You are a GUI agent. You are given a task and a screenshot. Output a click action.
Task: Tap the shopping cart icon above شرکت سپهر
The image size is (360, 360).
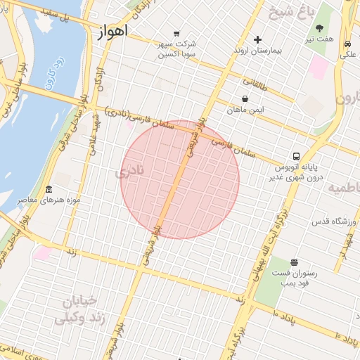click(176, 32)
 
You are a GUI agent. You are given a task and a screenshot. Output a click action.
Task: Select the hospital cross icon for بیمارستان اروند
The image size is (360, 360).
click(257, 39)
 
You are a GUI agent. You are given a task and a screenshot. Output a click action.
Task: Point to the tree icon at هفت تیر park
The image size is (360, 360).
click(320, 29)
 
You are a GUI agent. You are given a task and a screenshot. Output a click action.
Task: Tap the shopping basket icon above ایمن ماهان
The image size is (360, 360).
click(245, 99)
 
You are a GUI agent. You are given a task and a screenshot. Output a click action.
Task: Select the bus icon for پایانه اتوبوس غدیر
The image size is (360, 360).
click(296, 156)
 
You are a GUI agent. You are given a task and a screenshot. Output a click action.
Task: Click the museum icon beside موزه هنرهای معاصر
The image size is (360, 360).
click(48, 190)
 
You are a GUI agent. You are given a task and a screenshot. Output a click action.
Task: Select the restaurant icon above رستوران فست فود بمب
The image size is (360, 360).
click(293, 262)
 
